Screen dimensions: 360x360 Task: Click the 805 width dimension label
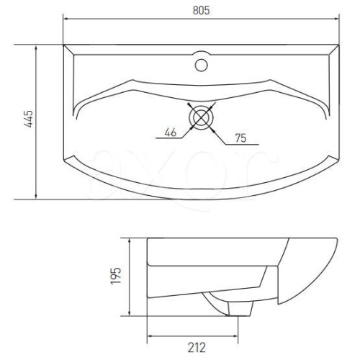click(201, 10)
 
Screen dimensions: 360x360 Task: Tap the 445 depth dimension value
click(29, 119)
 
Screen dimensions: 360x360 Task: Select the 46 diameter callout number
click(171, 132)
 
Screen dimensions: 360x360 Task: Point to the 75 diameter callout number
click(240, 138)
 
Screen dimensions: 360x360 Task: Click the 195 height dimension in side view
click(116, 276)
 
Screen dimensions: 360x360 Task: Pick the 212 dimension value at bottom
click(197, 347)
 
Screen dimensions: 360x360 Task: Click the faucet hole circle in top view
click(201, 65)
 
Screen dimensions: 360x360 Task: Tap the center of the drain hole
click(201, 117)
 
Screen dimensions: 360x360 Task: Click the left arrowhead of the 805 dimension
click(66, 19)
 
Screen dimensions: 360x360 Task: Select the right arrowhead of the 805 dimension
click(336, 19)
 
